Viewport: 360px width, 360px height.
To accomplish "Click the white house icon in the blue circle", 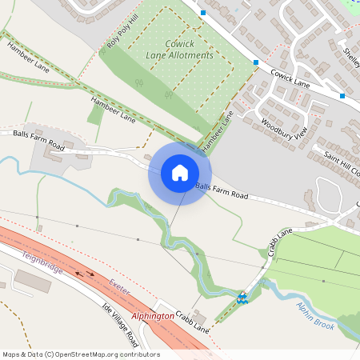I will tap(180, 172).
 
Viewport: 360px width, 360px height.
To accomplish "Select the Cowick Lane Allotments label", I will tap(180, 50).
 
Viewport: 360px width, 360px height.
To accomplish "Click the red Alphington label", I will tap(152, 316).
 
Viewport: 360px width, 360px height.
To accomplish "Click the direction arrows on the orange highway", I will tap(84, 274).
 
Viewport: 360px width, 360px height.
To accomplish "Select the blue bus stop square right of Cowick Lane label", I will tap(342, 96).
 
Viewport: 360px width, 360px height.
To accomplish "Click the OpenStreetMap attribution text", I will tap(81, 354).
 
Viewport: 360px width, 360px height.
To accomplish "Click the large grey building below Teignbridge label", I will tap(33, 281).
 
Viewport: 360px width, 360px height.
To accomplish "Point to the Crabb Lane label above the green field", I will tap(281, 241).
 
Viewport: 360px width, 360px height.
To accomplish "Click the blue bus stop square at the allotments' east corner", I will tap(256, 62).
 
